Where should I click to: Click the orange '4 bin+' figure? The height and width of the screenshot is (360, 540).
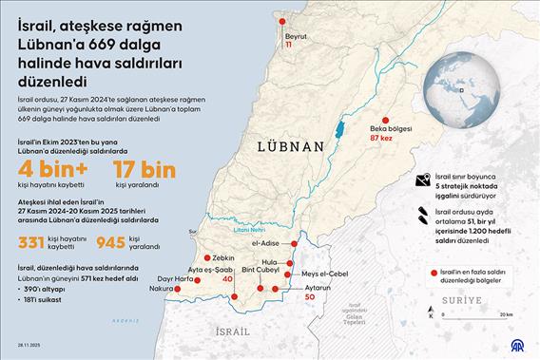(x=50, y=170)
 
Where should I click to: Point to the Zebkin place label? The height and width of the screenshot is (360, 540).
(x=223, y=257)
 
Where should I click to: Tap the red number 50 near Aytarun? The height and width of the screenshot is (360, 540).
(x=309, y=297)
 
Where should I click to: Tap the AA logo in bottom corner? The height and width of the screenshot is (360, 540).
(x=520, y=343)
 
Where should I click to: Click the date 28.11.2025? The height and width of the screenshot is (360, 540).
(x=19, y=349)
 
